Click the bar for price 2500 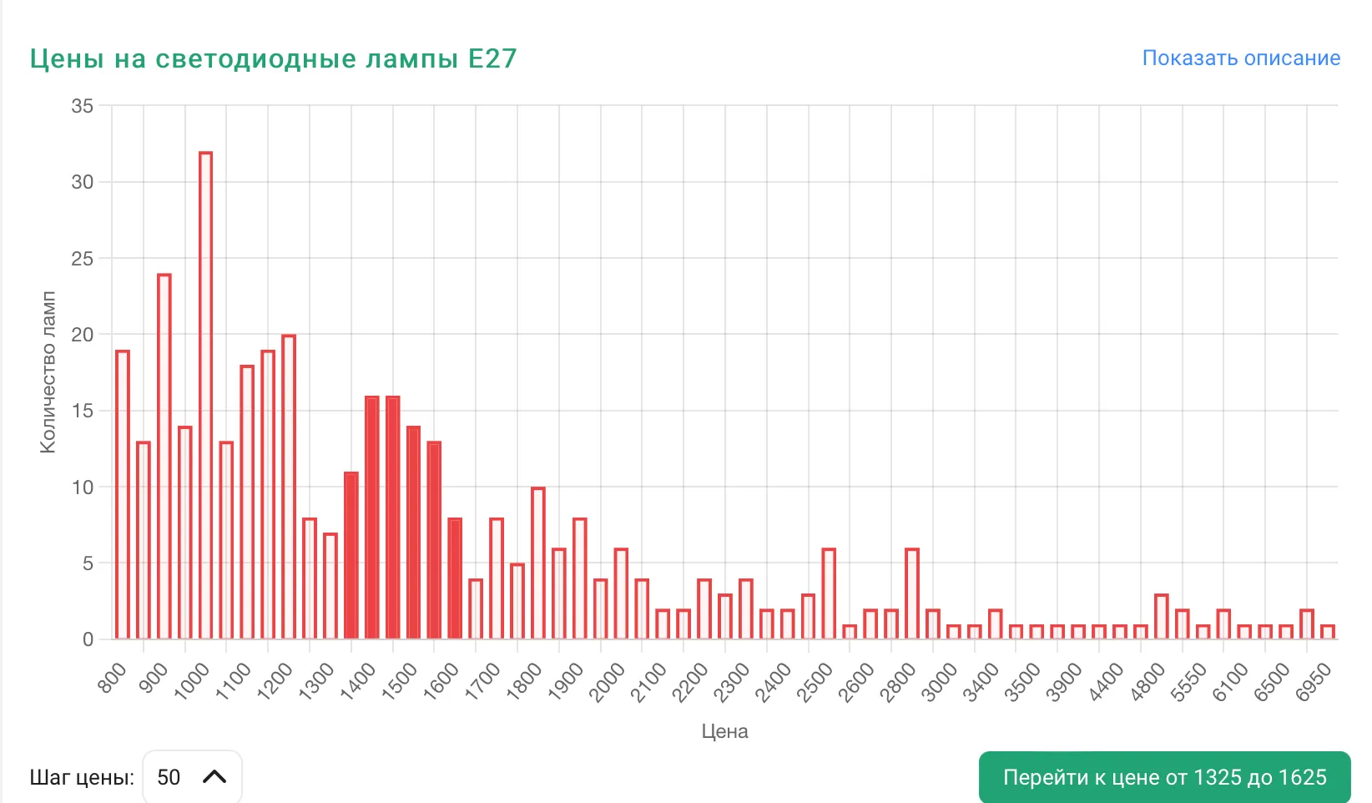(829, 593)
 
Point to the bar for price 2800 (912, 593)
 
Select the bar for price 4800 (1161, 617)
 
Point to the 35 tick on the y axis (83, 106)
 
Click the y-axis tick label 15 (83, 411)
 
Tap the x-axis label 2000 (607, 681)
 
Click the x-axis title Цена (724, 731)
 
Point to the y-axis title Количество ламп (48, 372)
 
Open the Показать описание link (1241, 58)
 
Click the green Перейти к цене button (1164, 777)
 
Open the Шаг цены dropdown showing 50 (192, 777)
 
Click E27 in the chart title (492, 58)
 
